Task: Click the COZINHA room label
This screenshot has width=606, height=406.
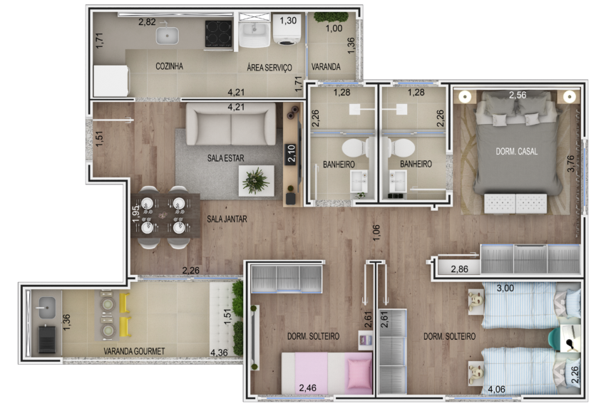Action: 169,66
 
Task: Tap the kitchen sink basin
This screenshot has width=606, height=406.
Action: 168,36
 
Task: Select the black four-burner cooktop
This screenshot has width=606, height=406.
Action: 218,33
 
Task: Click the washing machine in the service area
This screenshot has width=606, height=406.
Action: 288,29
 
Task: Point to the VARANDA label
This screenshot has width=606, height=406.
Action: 326,67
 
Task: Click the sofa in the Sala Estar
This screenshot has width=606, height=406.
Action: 231,125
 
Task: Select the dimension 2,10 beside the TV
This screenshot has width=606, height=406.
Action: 291,153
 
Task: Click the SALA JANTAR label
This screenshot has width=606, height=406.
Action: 227,219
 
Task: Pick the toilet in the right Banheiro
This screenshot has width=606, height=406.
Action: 401,147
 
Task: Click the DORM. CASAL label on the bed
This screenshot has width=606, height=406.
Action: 517,152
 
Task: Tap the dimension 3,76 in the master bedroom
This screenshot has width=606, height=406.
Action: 571,163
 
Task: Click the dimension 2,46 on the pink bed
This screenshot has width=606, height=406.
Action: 308,387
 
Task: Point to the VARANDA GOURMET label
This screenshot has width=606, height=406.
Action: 134,351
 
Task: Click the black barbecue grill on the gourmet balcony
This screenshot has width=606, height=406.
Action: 47,339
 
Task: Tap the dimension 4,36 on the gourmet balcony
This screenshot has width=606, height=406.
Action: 219,353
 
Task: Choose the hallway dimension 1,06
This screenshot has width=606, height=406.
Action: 376,232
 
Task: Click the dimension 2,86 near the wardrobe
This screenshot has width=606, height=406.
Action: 460,269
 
